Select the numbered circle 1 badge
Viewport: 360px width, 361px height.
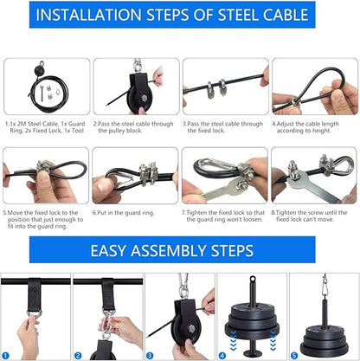coord(5,356)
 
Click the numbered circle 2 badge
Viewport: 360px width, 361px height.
coord(78,356)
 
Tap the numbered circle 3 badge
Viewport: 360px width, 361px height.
coord(150,356)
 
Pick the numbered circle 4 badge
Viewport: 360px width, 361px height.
coord(222,356)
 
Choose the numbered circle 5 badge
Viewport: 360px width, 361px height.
coord(294,356)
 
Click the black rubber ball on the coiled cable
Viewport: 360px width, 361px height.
coord(40,70)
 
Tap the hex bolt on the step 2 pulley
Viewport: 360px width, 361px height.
coord(144,98)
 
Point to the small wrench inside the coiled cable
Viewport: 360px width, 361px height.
coord(42,93)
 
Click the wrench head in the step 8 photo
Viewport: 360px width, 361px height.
coord(293,177)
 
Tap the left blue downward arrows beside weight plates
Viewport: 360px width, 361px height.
coord(233,340)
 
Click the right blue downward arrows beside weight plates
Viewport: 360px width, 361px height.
coord(273,340)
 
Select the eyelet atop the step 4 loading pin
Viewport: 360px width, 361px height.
coord(253,280)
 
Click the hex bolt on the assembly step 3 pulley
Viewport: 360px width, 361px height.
coord(191,328)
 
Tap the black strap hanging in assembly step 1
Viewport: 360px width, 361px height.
coord(35,294)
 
